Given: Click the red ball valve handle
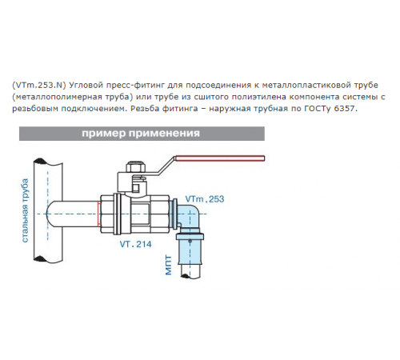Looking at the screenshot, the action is click(x=220, y=158).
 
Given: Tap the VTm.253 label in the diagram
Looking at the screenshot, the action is click(x=205, y=199).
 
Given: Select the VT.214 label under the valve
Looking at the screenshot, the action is click(x=135, y=244).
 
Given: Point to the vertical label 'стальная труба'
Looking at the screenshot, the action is click(x=25, y=210).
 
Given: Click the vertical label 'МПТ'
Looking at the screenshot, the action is click(x=169, y=265).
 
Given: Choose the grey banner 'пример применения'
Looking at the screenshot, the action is click(x=142, y=134).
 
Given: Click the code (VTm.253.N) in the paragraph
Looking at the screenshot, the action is click(x=39, y=86).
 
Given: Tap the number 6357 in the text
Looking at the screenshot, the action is click(x=345, y=109).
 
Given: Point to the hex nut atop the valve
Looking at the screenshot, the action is click(x=136, y=167).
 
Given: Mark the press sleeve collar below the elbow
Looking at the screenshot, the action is click(x=190, y=236).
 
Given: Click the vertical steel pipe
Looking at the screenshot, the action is click(x=48, y=210).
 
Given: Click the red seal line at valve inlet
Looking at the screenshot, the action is click(x=99, y=214).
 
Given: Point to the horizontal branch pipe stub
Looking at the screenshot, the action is click(x=73, y=214).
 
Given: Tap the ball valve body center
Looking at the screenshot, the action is click(x=134, y=214).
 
